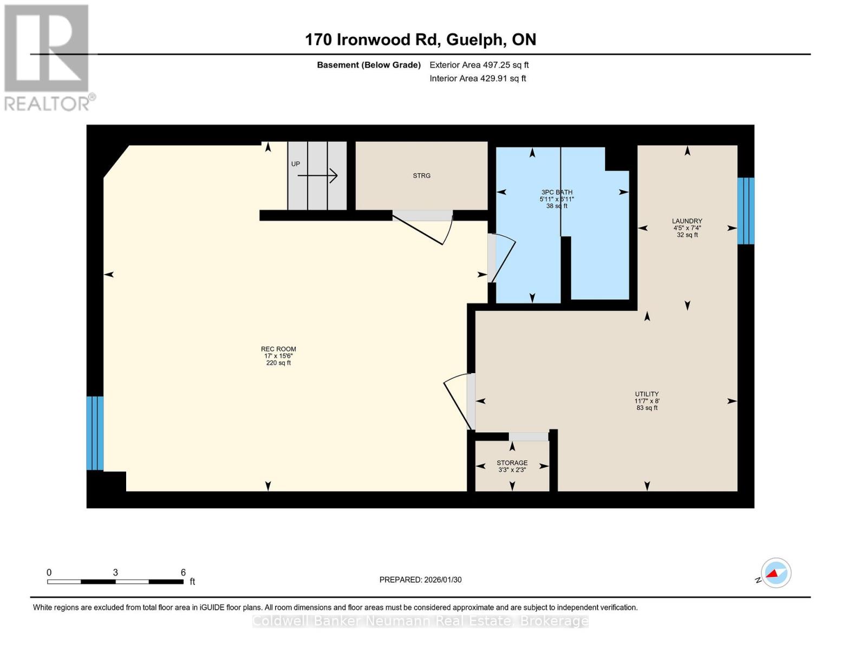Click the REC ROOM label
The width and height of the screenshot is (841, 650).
[278, 349]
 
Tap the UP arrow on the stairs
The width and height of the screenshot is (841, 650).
[318, 175]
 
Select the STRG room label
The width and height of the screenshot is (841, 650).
[421, 175]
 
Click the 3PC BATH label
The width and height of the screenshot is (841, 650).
[557, 192]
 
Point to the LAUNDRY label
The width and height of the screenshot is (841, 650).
[687, 221]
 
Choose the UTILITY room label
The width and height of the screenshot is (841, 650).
[647, 394]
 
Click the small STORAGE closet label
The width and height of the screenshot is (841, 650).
[512, 463]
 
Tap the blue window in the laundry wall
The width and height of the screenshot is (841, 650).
[746, 211]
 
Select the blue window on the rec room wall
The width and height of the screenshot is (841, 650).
[95, 433]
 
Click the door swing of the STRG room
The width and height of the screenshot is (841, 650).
[428, 227]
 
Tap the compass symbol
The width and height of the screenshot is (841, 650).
[775, 573]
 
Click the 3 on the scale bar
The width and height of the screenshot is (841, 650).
[115, 573]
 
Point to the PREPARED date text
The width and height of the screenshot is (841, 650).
[420, 580]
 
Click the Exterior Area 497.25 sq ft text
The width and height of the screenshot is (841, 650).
[479, 65]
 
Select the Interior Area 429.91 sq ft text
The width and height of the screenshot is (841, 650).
[478, 79]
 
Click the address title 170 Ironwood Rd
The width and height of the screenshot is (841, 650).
[420, 40]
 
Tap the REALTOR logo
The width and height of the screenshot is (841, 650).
[48, 57]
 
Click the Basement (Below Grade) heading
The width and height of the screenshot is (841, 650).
[368, 65]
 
